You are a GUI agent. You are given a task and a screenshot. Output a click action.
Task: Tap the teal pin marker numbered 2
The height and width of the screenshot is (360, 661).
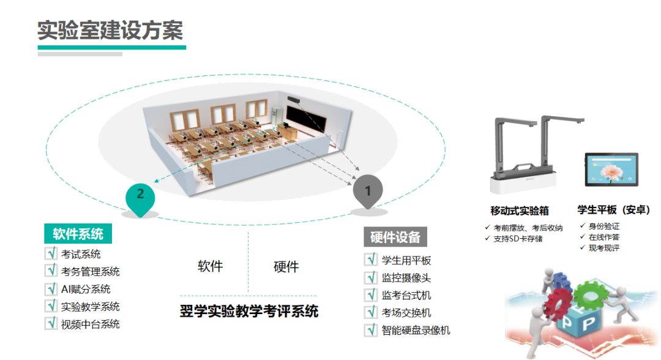(141, 195)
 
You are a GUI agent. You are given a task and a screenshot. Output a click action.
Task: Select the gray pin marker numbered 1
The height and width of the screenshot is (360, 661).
(368, 192)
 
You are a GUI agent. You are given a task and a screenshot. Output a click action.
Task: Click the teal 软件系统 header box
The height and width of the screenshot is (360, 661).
(78, 233)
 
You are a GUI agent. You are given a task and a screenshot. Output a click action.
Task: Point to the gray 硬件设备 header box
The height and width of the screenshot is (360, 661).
(395, 238)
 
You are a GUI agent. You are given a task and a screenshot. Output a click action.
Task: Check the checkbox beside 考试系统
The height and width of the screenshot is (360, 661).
(50, 253)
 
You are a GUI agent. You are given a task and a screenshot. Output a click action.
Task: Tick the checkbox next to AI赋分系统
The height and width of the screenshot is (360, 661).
(50, 289)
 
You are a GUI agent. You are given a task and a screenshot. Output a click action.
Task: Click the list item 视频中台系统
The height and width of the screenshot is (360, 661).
(90, 324)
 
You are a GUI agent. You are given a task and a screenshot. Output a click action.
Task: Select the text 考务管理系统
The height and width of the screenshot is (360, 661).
(90, 271)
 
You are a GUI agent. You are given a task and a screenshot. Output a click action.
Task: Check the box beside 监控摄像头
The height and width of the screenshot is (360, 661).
(371, 278)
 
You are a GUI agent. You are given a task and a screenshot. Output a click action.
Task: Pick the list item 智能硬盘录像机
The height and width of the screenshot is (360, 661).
(416, 331)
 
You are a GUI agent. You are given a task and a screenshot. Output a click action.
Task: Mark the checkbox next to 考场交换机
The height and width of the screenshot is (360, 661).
(371, 313)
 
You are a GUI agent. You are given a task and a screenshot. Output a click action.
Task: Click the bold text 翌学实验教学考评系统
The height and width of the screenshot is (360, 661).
(249, 312)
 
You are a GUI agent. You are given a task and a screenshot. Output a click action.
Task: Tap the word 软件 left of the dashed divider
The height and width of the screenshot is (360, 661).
(210, 266)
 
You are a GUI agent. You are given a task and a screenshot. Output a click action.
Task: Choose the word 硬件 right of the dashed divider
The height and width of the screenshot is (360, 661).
(286, 266)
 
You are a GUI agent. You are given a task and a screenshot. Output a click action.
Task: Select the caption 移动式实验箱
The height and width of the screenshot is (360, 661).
(520, 211)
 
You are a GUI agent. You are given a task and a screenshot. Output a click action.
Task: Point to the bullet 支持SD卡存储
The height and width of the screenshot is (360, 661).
(518, 238)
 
